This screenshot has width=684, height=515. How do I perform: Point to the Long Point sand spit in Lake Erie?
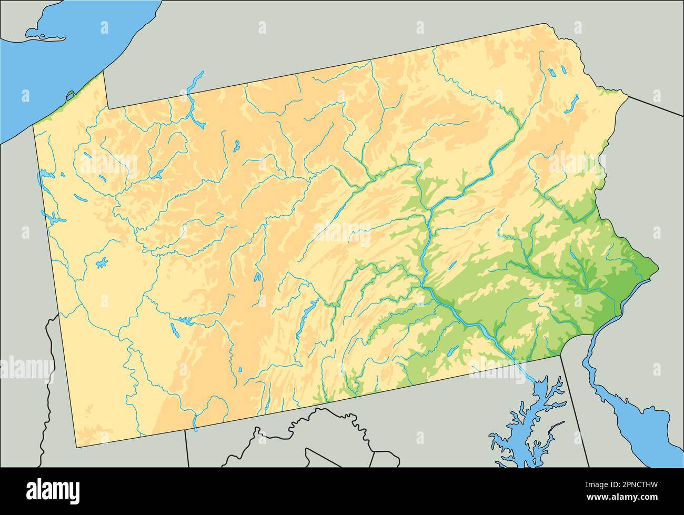pos(45,37)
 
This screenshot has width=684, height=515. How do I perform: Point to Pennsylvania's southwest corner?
pos(77,448)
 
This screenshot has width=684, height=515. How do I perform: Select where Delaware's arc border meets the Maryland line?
pos(560,355)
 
